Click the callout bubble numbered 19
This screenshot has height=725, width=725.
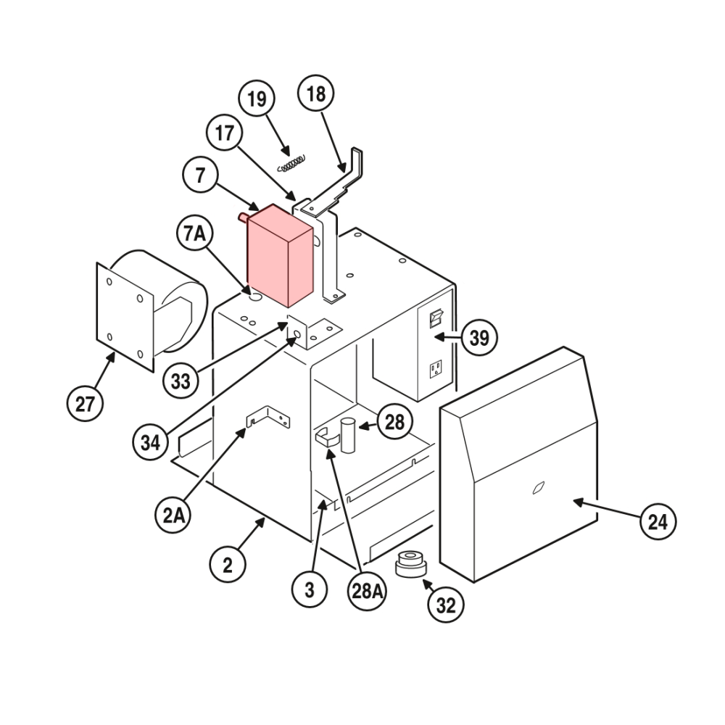257,99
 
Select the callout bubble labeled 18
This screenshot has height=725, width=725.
316,94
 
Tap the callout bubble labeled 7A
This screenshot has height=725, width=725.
194,234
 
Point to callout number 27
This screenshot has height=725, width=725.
85,403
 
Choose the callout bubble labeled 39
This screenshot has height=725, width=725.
479,337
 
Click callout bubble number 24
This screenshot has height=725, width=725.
658,521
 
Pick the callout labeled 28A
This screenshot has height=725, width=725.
368,591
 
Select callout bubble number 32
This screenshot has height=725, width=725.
446,605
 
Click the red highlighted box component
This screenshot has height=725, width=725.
280,255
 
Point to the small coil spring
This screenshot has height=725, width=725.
291,162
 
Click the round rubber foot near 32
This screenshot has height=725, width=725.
410,563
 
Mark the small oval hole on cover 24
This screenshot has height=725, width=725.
537,489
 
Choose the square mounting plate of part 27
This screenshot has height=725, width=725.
124,316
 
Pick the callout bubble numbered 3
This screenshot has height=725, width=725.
310,590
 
